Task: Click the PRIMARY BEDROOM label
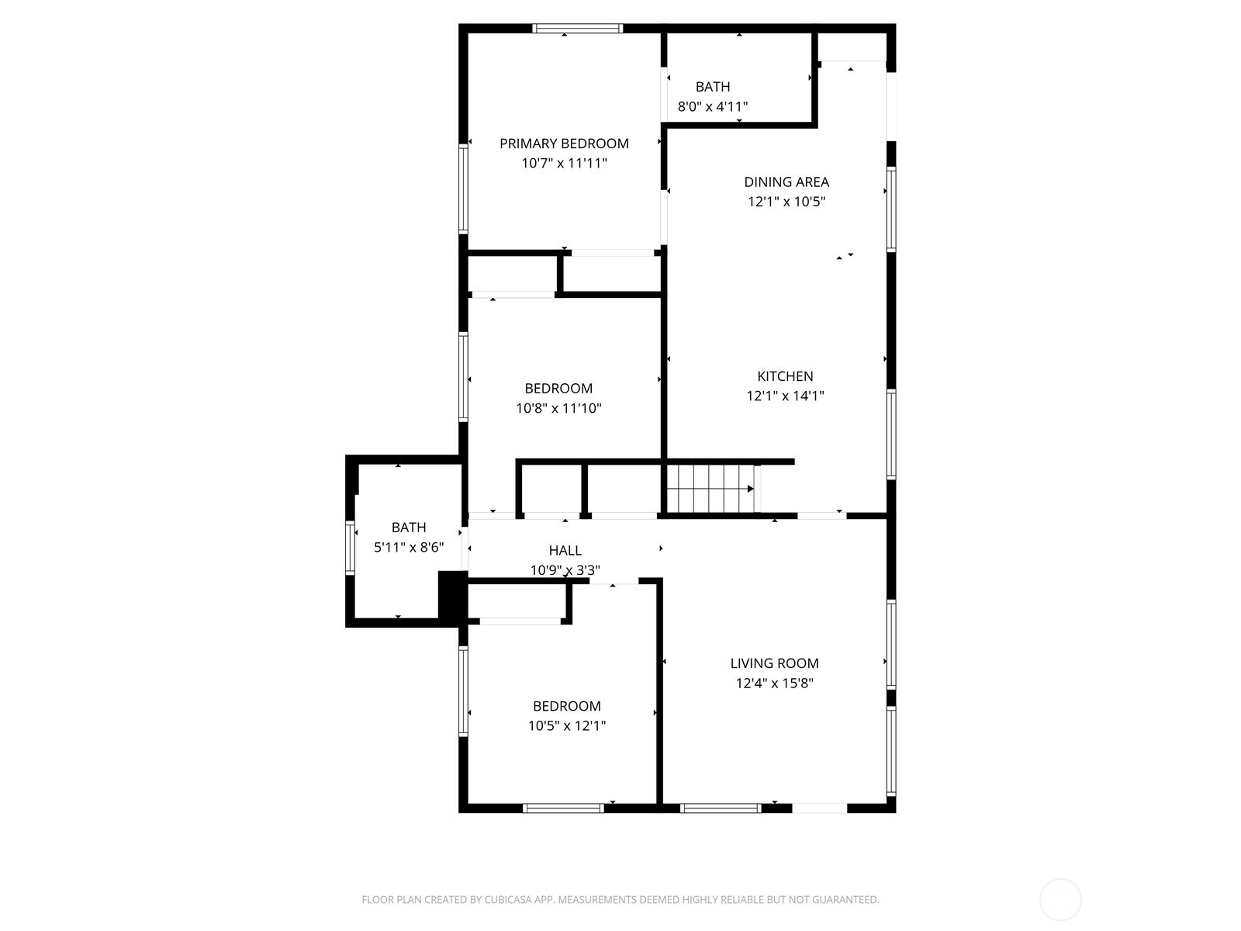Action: tap(564, 144)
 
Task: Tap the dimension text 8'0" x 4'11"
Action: tap(712, 106)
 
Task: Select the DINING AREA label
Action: tap(786, 182)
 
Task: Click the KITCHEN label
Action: tap(785, 376)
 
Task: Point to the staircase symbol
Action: tap(711, 489)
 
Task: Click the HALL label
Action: tap(565, 551)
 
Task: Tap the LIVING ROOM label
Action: tap(774, 663)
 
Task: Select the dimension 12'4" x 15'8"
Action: tap(774, 684)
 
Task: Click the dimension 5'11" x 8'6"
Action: tap(409, 548)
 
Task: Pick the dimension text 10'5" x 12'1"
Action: tap(566, 726)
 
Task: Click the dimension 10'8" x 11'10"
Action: tap(558, 408)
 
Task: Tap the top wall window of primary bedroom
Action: tap(578, 29)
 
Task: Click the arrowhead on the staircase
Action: tap(750, 489)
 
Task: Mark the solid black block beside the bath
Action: tap(451, 594)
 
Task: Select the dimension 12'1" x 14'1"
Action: tap(785, 396)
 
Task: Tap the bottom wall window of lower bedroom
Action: tap(563, 808)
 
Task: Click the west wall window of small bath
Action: tap(350, 546)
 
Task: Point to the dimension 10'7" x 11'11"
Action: tap(564, 163)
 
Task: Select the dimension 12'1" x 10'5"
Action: tap(786, 202)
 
